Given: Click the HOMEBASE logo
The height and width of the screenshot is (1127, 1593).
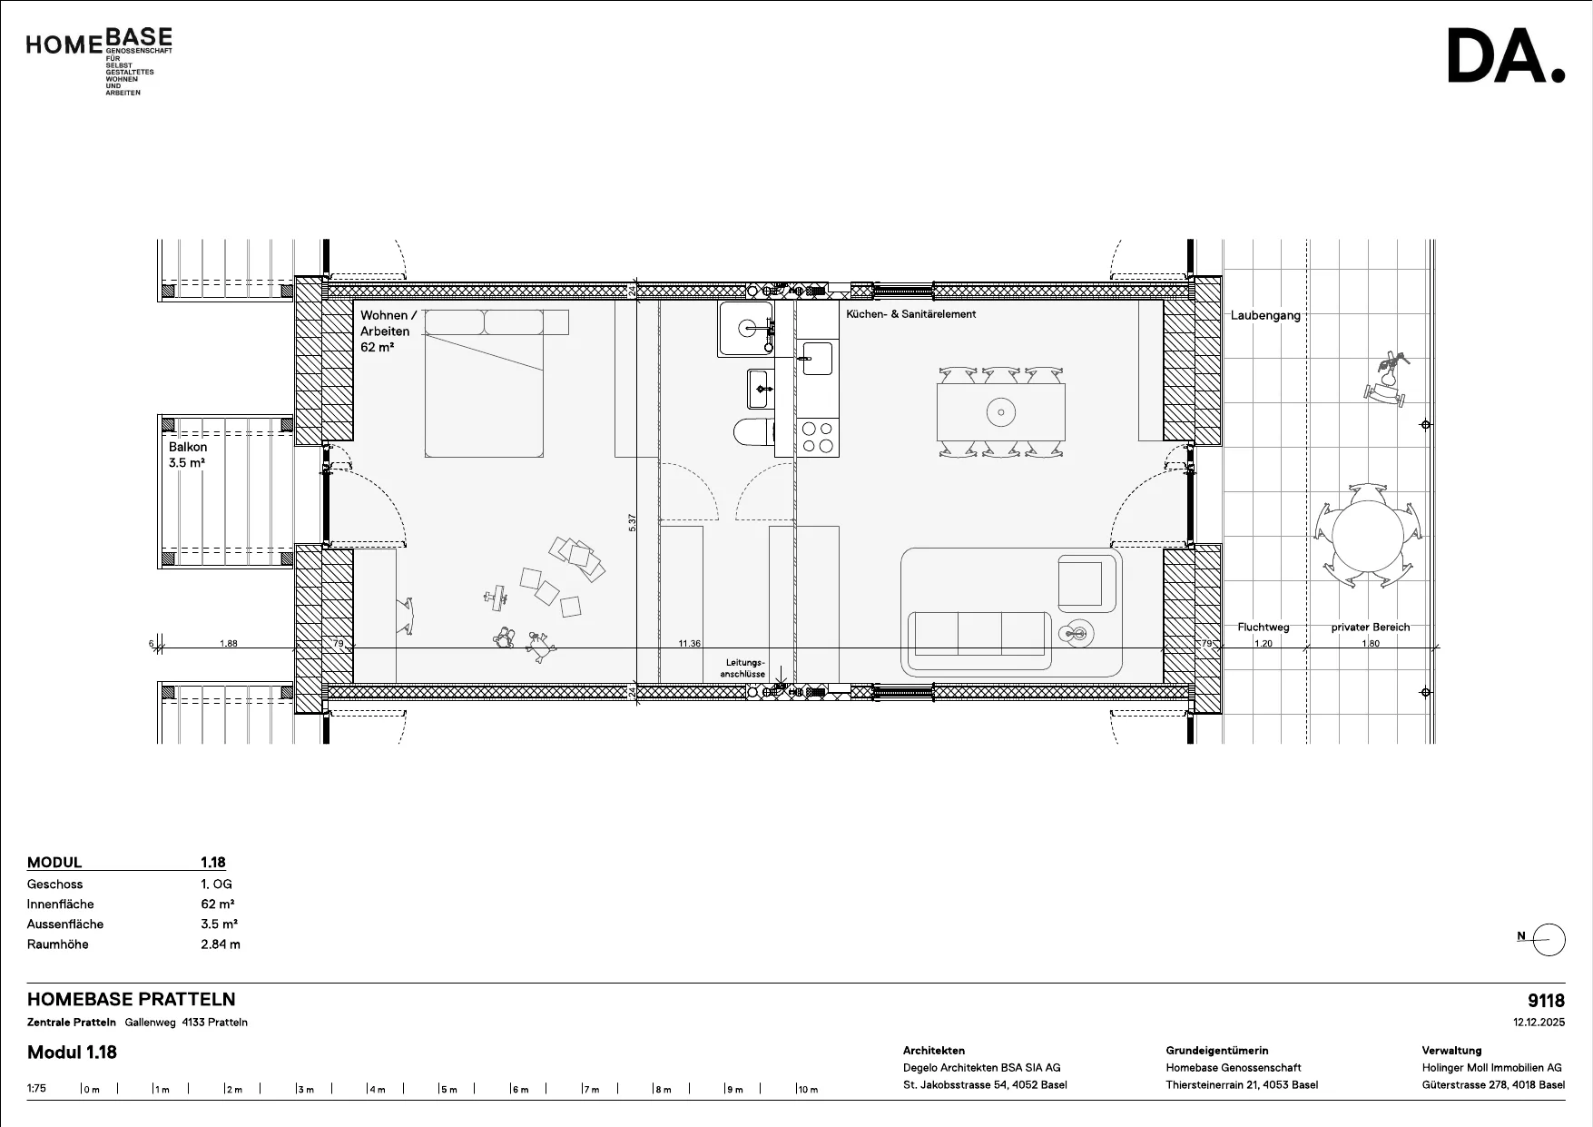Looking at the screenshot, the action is pos(99,61).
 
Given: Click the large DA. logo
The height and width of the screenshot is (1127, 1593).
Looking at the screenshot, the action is pos(1506,56).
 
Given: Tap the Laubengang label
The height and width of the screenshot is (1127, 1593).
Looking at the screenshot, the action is pos(1265,316).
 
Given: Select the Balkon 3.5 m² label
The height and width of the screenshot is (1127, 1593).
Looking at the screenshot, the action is pos(188,455).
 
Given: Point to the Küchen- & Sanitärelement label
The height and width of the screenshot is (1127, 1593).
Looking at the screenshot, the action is pos(910,314).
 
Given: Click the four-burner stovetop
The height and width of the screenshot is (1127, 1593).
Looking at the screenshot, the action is pos(818,437).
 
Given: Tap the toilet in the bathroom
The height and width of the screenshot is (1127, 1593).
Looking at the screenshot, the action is pos(753,433).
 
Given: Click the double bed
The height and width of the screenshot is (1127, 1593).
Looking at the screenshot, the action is pos(484,382).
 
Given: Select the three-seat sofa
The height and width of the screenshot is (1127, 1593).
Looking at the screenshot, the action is pos(979,634).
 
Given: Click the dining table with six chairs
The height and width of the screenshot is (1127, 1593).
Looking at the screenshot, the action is pos(1000,412).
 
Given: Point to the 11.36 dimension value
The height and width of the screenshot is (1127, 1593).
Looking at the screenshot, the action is pos(689,643).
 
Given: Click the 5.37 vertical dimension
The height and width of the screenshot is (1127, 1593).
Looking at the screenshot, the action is pos(633,523).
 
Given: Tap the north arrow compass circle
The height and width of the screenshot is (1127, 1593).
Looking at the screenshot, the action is pos(1549,940).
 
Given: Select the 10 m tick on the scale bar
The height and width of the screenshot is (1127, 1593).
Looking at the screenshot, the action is pos(797,1088).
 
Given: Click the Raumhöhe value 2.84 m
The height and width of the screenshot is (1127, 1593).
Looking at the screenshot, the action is pos(221,944).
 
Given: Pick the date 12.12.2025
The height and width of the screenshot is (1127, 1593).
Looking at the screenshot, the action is pos(1539,1022).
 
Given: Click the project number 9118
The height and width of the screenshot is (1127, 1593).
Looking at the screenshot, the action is pos(1546,1001).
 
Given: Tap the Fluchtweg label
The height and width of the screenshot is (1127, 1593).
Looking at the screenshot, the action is pos(1263,628).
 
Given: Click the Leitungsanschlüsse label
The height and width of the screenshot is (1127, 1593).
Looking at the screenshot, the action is pos(744,668).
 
